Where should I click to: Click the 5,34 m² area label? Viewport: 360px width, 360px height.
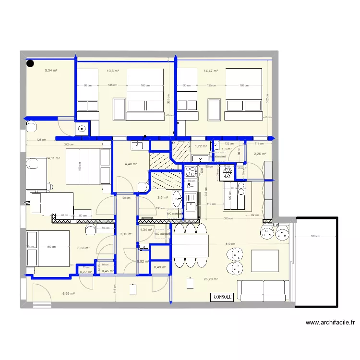(51, 71)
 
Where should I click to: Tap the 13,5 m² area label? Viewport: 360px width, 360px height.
(113, 71)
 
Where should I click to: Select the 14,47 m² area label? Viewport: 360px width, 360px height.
(211, 71)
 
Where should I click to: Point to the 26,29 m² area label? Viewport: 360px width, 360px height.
(211, 279)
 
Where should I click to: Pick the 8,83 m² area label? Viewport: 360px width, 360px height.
(84, 248)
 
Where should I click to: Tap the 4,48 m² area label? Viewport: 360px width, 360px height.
(131, 164)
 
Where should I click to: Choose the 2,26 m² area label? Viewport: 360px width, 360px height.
(260, 154)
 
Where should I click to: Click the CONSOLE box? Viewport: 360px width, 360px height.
(223, 297)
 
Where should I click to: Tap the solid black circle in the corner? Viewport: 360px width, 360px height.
(30, 62)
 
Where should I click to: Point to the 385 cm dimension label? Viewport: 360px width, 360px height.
(229, 219)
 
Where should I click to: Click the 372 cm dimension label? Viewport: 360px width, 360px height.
(70, 144)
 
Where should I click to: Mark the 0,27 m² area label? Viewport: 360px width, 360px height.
(86, 272)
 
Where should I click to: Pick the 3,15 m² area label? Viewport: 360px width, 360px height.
(126, 234)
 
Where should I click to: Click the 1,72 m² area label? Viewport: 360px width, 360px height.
(201, 146)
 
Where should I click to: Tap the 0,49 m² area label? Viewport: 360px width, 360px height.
(160, 267)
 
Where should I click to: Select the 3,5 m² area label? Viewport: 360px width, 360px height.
(163, 197)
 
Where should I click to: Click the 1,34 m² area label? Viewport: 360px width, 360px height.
(146, 230)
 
